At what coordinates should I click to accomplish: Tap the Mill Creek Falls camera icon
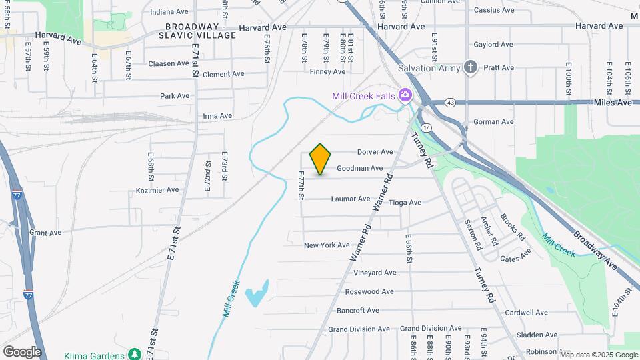click(x=405, y=96)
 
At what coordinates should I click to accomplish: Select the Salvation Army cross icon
click(x=471, y=67)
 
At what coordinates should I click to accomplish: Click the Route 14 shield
click(x=427, y=127)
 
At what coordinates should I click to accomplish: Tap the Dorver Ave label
click(x=375, y=152)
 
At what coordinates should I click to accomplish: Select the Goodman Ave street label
click(x=359, y=169)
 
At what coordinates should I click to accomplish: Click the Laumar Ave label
click(x=350, y=199)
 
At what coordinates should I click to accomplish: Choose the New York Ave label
click(x=327, y=245)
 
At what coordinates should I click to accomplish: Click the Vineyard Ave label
click(x=375, y=273)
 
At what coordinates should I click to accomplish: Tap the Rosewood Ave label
click(x=369, y=291)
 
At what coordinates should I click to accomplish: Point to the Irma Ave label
click(x=217, y=116)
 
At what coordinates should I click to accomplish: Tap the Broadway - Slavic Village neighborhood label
click(x=201, y=31)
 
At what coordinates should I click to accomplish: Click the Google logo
click(x=21, y=352)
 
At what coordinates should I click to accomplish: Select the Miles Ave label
click(x=615, y=103)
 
